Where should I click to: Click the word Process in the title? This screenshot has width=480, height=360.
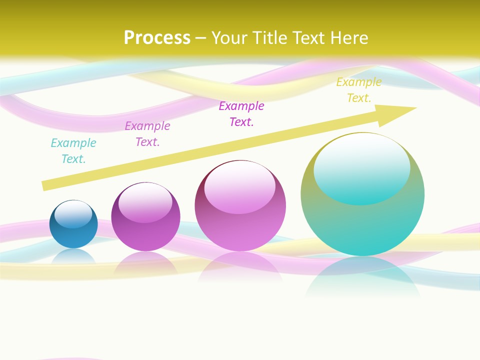tap(157, 37)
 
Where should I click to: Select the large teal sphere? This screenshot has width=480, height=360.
tap(362, 225)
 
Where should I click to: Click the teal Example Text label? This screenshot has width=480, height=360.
tap(73, 151)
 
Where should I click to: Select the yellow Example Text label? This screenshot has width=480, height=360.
tap(358, 90)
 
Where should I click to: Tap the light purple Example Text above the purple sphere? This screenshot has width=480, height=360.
tap(147, 134)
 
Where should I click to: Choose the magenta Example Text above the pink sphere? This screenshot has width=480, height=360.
tap(241, 114)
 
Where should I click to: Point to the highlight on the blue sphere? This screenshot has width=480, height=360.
tap(73, 214)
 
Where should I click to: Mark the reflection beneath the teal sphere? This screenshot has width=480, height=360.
tap(362, 277)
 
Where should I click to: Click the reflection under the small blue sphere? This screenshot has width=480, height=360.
tap(73, 255)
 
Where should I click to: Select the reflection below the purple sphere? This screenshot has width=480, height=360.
tap(145, 262)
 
